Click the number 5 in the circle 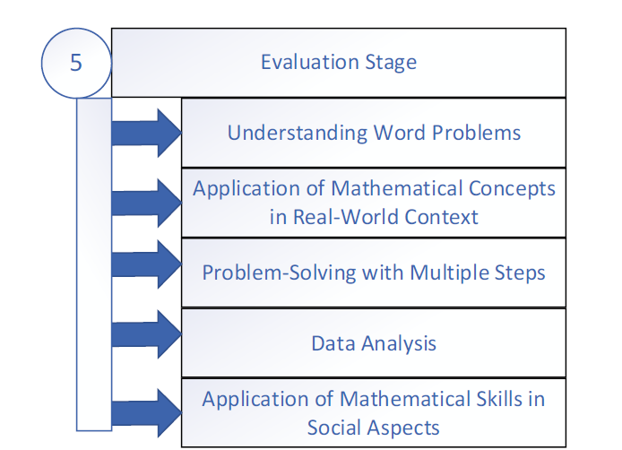tap(75, 65)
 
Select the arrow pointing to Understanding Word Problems tap(145, 134)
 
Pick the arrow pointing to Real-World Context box tap(145, 203)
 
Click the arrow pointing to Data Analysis tap(145, 334)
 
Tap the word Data tap(331, 342)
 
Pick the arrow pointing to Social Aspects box tap(145, 411)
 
